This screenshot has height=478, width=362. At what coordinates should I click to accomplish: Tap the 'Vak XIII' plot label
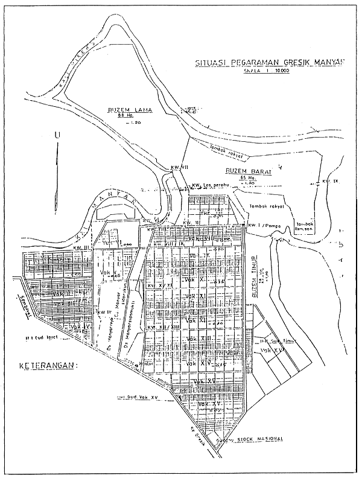coord(199,340)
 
